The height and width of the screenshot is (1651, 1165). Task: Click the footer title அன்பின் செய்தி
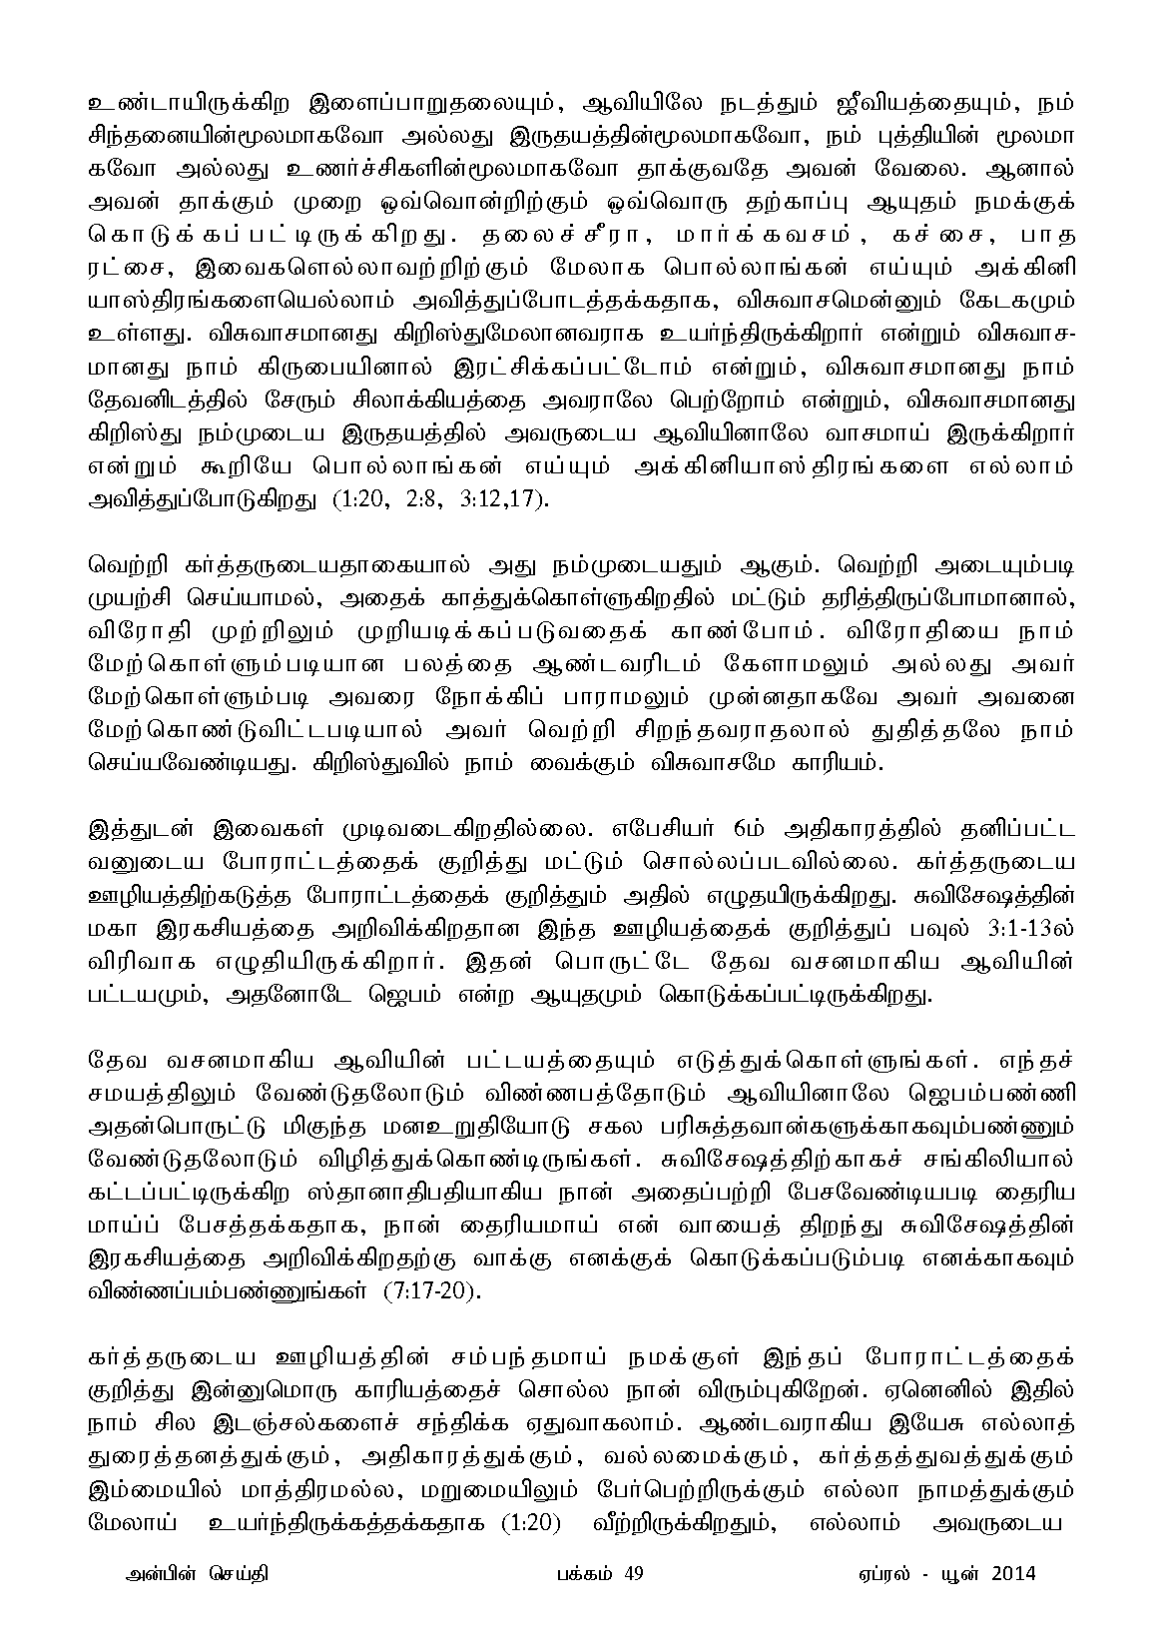click(x=191, y=1574)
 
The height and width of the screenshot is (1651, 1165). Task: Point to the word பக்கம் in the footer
click(x=584, y=1574)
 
